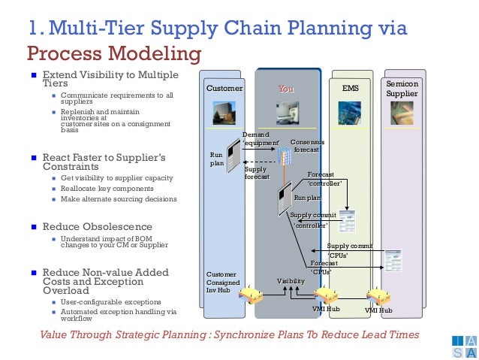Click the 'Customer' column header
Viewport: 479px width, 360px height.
224,89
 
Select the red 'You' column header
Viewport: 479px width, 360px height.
286,89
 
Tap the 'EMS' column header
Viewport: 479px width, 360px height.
351,89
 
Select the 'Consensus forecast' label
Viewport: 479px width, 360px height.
308,146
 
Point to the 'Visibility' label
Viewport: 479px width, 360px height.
291,281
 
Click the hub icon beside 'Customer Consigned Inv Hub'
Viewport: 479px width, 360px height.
249,295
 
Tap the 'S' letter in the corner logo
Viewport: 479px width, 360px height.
458,352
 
